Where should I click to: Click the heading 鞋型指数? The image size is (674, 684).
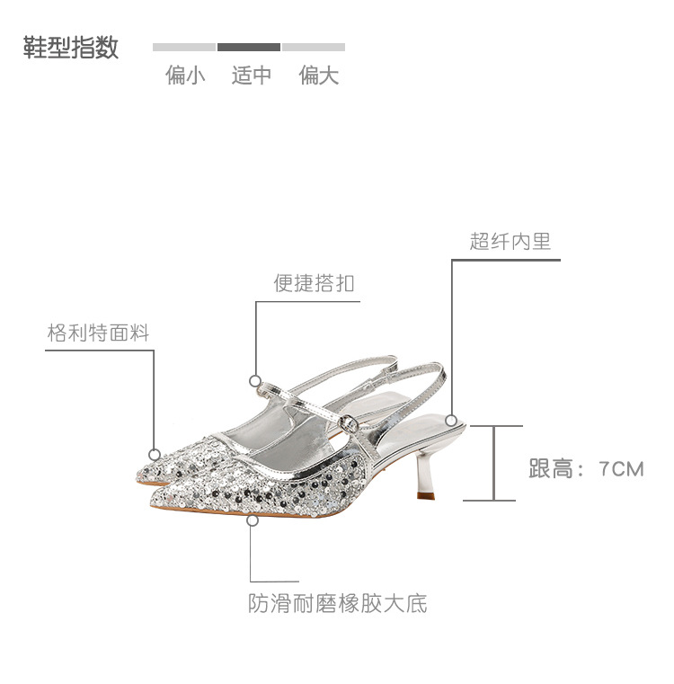(x=71, y=48)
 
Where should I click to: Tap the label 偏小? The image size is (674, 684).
(x=185, y=76)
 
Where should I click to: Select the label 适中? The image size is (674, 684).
(x=251, y=76)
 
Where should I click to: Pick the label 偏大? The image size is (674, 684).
(x=319, y=76)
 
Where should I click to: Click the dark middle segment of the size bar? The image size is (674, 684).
(x=249, y=47)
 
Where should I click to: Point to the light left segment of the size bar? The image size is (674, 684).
(x=184, y=47)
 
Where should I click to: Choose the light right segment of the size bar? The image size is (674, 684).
(x=314, y=47)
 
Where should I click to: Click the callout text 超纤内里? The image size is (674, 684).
(x=510, y=241)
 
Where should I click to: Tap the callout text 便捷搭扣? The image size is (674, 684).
(x=314, y=283)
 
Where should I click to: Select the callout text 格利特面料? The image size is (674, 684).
(x=98, y=333)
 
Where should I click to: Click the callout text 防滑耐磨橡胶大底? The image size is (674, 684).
(x=337, y=603)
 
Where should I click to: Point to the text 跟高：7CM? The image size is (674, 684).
(x=586, y=468)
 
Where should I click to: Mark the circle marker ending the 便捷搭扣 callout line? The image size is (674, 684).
(x=256, y=380)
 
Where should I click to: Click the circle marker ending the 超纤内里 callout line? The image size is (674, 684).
(x=451, y=419)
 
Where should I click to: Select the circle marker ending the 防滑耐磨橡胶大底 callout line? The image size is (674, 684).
(x=253, y=520)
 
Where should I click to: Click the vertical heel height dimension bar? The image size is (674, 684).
(x=492, y=463)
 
